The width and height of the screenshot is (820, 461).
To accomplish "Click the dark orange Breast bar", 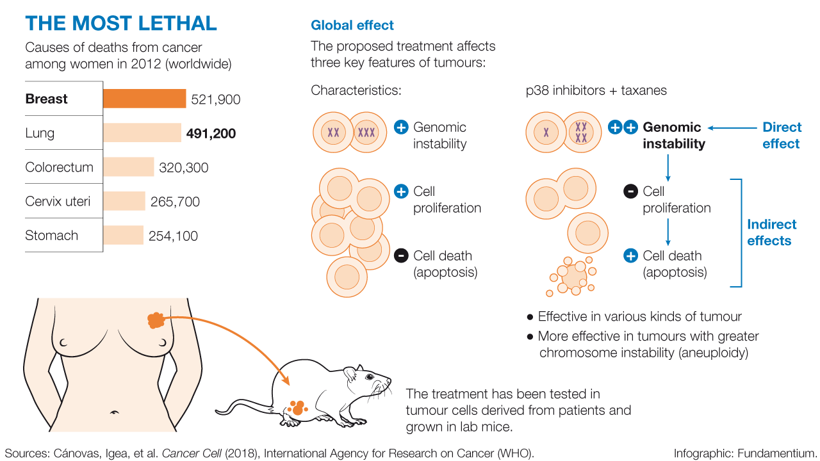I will (144, 99).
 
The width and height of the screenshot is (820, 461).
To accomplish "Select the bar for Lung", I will (142, 133).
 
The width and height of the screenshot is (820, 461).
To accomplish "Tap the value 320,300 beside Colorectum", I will (184, 168).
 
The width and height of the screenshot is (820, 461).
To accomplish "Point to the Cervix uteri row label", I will (58, 202).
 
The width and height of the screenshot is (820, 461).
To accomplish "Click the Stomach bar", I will (123, 236).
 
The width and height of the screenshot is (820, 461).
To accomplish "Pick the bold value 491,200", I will (211, 134).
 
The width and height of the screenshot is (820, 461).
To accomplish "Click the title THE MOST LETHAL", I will (121, 24).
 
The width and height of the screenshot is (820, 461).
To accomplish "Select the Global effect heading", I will (352, 26).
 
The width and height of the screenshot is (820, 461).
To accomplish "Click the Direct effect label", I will (782, 135).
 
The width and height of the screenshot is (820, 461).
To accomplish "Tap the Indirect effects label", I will (771, 232).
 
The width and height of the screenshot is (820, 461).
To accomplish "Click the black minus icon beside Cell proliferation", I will (630, 191).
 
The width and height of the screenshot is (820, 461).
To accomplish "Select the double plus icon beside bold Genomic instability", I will (622, 127).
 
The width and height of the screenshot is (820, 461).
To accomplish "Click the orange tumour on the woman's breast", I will (156, 320).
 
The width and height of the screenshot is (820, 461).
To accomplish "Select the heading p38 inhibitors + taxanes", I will (596, 90).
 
